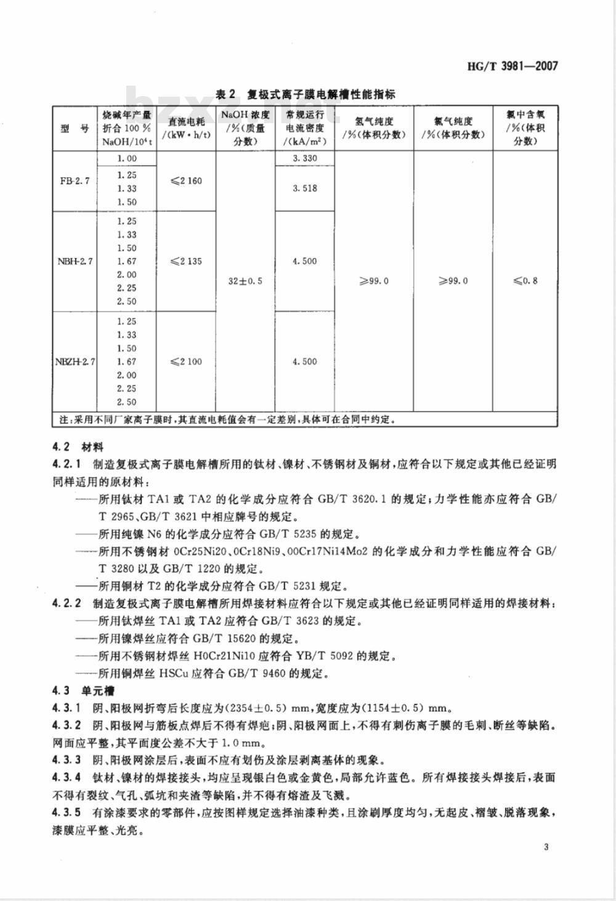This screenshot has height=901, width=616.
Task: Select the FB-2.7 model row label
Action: click(75, 181)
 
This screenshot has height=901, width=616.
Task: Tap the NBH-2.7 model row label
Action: click(75, 261)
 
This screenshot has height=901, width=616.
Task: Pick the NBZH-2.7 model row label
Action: click(75, 362)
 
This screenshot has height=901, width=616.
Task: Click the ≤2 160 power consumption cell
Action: click(186, 181)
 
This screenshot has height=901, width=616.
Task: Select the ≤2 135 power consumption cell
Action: click(186, 261)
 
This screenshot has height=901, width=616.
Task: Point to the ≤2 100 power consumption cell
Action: click(186, 362)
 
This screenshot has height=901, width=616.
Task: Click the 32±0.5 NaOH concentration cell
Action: click(245, 281)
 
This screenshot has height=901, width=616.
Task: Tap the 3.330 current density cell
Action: click(305, 158)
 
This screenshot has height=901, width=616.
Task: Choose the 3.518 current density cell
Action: click(305, 188)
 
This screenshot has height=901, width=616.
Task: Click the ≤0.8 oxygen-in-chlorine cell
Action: click(525, 281)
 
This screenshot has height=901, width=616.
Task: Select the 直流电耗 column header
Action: click(186, 128)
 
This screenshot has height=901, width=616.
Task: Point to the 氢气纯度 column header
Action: click(375, 128)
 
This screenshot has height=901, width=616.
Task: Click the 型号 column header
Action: click(75, 129)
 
